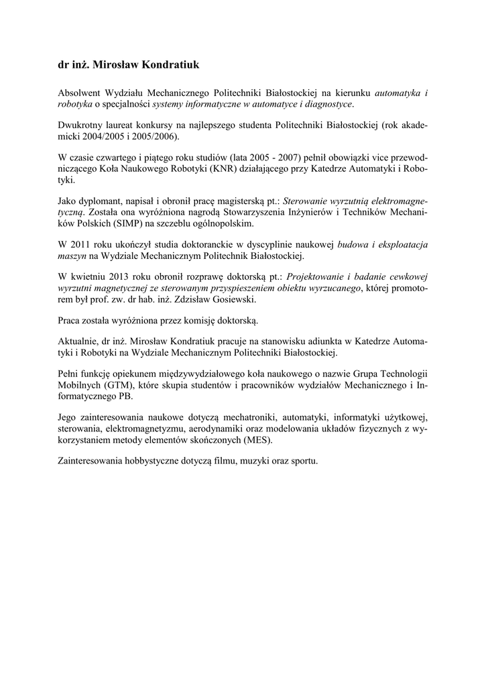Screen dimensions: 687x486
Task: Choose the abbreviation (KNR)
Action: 233,168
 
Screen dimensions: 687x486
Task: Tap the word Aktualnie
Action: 80,341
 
